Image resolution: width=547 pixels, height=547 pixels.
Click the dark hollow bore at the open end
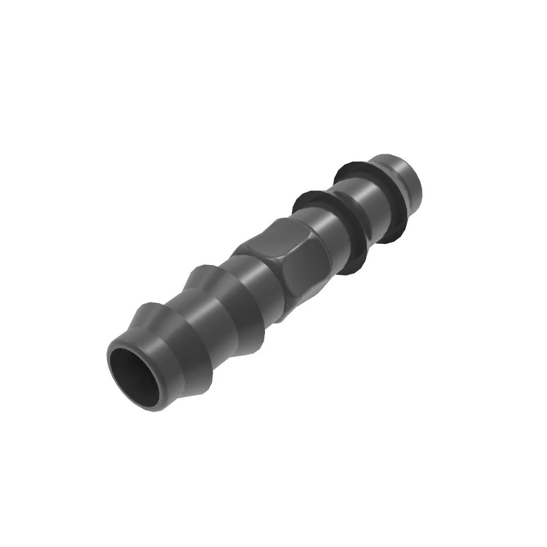(x=133, y=367)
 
